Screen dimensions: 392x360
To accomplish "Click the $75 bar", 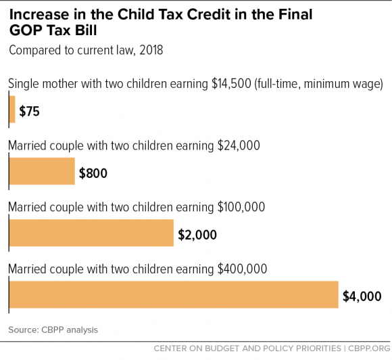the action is click(12, 109).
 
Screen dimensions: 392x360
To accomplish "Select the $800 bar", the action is click(42, 171).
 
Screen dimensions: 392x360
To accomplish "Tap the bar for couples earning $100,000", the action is click(91, 233).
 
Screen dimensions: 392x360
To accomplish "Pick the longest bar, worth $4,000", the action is click(174, 294).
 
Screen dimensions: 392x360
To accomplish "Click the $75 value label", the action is click(30, 111).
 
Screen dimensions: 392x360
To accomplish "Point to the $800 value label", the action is click(93, 173).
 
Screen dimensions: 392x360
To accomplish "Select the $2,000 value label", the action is click(197, 235).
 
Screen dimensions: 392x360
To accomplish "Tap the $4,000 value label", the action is click(362, 296).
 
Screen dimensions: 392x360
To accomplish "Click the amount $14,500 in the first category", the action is click(231, 84).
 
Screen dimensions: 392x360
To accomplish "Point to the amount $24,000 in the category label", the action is click(239, 145).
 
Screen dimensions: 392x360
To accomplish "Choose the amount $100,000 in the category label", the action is click(241, 207).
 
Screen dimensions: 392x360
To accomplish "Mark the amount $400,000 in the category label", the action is click(242, 269).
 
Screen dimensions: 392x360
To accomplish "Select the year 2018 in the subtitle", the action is click(151, 50).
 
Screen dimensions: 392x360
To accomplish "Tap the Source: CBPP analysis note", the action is click(53, 330).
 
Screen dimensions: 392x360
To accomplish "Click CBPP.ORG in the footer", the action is click(369, 348).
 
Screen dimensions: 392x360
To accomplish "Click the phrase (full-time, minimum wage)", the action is click(318, 84).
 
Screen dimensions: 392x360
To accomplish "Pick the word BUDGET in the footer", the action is click(222, 348).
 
